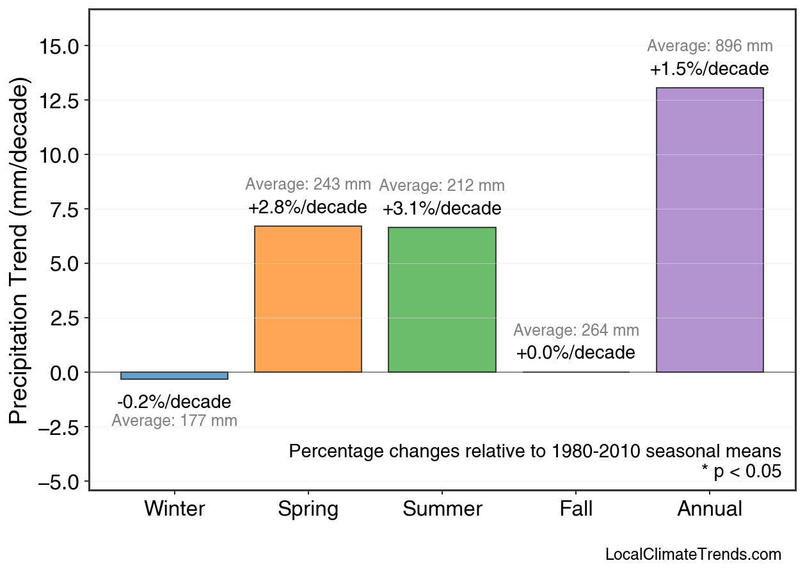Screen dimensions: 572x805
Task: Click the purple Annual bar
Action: [x=710, y=230]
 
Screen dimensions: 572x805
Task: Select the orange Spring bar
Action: [x=308, y=299]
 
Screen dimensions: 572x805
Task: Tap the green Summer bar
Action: [x=442, y=300]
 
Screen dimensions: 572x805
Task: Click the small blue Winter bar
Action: [x=174, y=375]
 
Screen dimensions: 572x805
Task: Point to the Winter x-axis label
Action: [x=174, y=509]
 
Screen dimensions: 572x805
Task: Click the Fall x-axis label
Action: [x=576, y=509]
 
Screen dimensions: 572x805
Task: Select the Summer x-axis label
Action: [x=442, y=509]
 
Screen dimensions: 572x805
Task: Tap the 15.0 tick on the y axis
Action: [x=59, y=47]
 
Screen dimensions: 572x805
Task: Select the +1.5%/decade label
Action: [x=709, y=69]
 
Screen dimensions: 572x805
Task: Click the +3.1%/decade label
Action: [x=442, y=209]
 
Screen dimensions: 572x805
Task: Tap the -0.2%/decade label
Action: [x=174, y=402]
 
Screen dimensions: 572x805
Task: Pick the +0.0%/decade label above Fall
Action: [x=575, y=353]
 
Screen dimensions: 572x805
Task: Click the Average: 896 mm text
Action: [x=710, y=46]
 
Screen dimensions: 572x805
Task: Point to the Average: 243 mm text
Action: [x=308, y=184]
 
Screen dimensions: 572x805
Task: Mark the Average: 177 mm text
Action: [x=174, y=421]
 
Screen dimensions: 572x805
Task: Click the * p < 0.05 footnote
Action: [x=741, y=471]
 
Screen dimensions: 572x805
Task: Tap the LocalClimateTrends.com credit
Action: [x=693, y=555]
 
